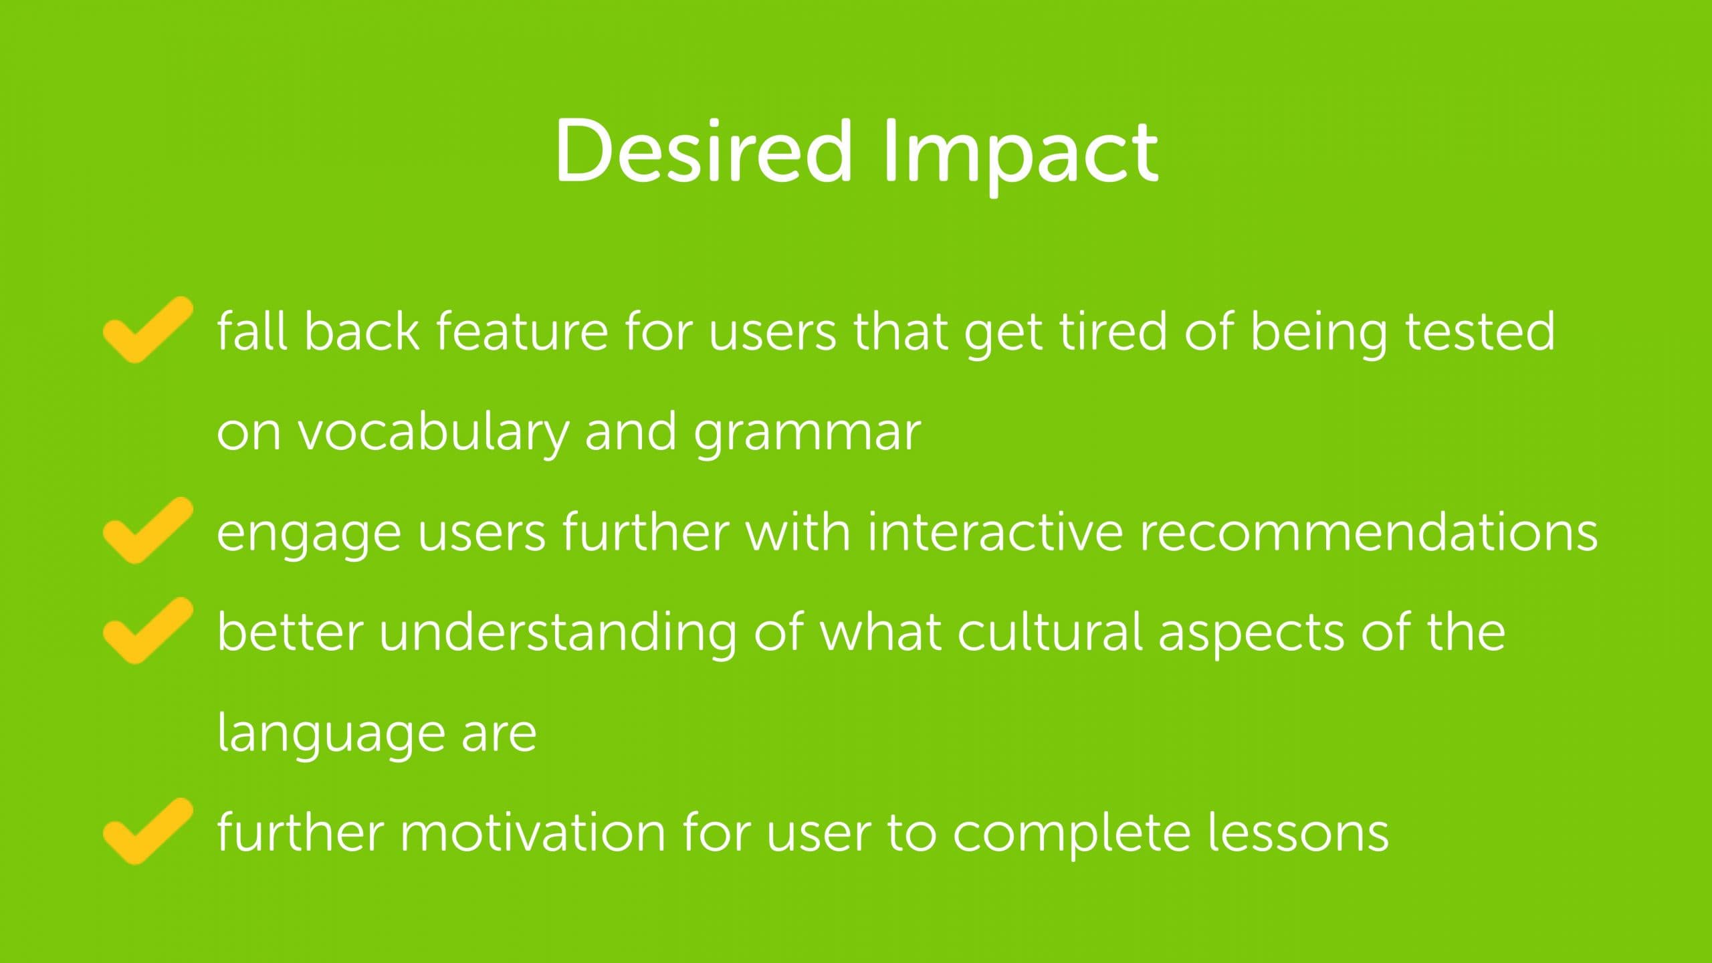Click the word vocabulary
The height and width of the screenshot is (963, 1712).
click(x=433, y=433)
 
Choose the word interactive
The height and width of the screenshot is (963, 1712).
click(x=994, y=532)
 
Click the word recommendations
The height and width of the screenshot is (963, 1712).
click(x=1369, y=532)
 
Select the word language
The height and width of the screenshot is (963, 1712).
click(x=331, y=735)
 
